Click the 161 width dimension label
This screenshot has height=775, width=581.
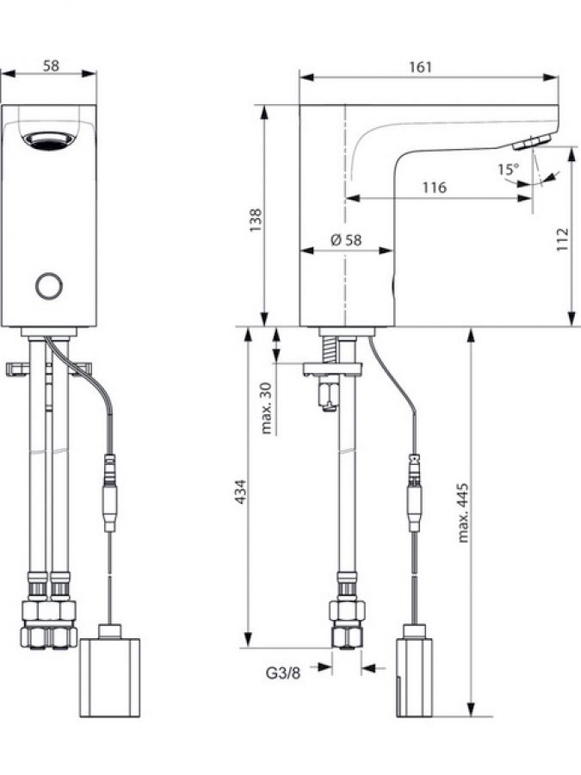[x=421, y=66]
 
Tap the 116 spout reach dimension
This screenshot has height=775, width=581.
[x=434, y=187]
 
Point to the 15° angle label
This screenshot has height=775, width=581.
[x=509, y=169]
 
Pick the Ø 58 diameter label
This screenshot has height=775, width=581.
[x=345, y=240]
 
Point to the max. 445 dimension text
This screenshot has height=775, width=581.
[x=463, y=513]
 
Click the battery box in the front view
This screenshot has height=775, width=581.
[x=109, y=675]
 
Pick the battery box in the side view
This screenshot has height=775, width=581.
[x=414, y=675]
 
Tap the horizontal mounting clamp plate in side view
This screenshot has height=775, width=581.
[x=332, y=369]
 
